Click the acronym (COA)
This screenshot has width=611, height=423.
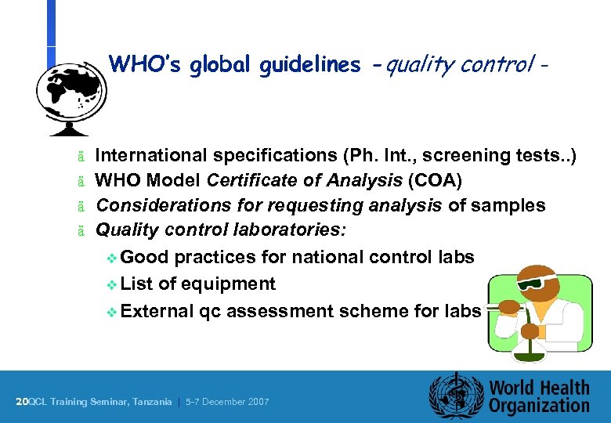pyautogui.click(x=435, y=180)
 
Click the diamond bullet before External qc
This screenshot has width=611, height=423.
pyautogui.click(x=112, y=312)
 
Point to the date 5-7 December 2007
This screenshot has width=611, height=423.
pyautogui.click(x=226, y=402)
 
